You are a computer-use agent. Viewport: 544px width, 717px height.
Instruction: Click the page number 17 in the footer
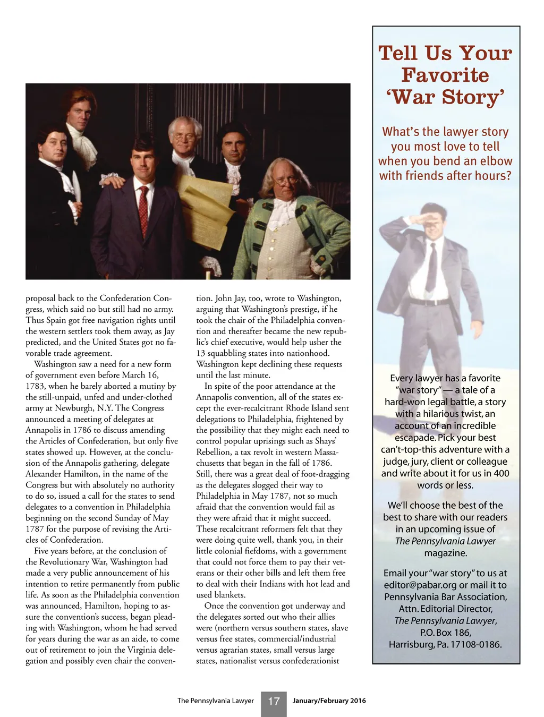274,702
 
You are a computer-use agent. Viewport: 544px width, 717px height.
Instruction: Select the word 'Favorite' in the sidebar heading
445,75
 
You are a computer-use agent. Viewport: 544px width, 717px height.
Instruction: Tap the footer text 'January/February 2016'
329,701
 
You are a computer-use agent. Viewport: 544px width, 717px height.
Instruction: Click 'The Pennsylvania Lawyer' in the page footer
216,701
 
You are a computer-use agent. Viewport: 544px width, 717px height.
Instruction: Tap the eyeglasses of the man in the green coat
287,180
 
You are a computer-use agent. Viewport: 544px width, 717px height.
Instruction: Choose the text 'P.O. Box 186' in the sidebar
445,633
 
